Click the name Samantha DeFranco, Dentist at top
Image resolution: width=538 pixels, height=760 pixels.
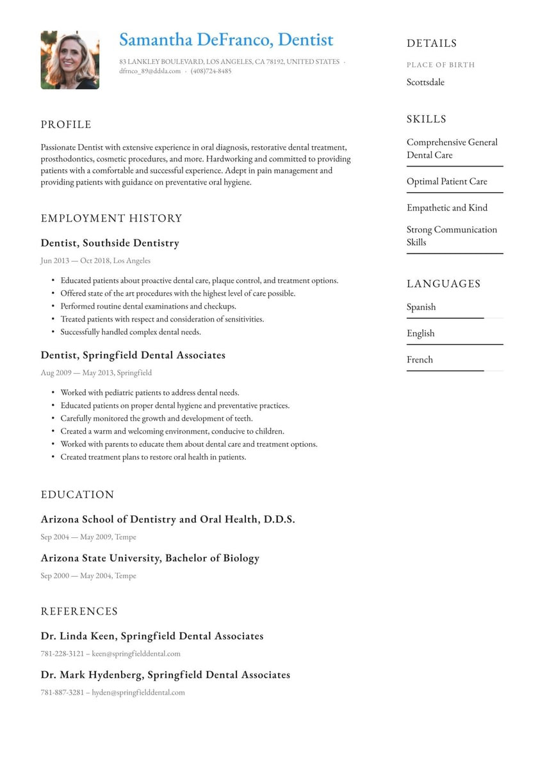[x=226, y=40]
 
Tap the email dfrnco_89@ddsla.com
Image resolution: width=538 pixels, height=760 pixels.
[x=150, y=71]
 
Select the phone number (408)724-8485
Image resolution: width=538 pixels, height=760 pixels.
[x=211, y=71]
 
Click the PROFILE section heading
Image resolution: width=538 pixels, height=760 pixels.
[x=66, y=125]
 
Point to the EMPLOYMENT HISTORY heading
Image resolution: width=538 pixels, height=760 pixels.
[x=111, y=218]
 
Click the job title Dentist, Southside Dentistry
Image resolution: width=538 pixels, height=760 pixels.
[x=110, y=243]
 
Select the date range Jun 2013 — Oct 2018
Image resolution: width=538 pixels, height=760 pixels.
[x=74, y=261]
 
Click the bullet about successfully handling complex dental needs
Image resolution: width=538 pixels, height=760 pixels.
[x=131, y=332]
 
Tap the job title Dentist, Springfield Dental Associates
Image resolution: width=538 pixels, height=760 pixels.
[x=133, y=355]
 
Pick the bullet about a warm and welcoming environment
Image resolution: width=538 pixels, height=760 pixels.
[x=172, y=431]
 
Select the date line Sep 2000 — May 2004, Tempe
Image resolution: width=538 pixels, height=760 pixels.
[x=88, y=576]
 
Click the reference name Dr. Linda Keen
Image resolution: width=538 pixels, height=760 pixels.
[x=79, y=636]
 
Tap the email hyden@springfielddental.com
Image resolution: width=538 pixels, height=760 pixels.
[x=138, y=692]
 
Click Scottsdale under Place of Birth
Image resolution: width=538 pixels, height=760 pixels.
[x=425, y=83]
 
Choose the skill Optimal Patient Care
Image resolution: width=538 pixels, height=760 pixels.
[x=446, y=182]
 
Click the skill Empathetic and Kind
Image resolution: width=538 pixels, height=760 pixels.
[x=446, y=208]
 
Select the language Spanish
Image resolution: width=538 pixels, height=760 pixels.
[x=421, y=307]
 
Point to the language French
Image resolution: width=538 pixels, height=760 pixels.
[x=420, y=360]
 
